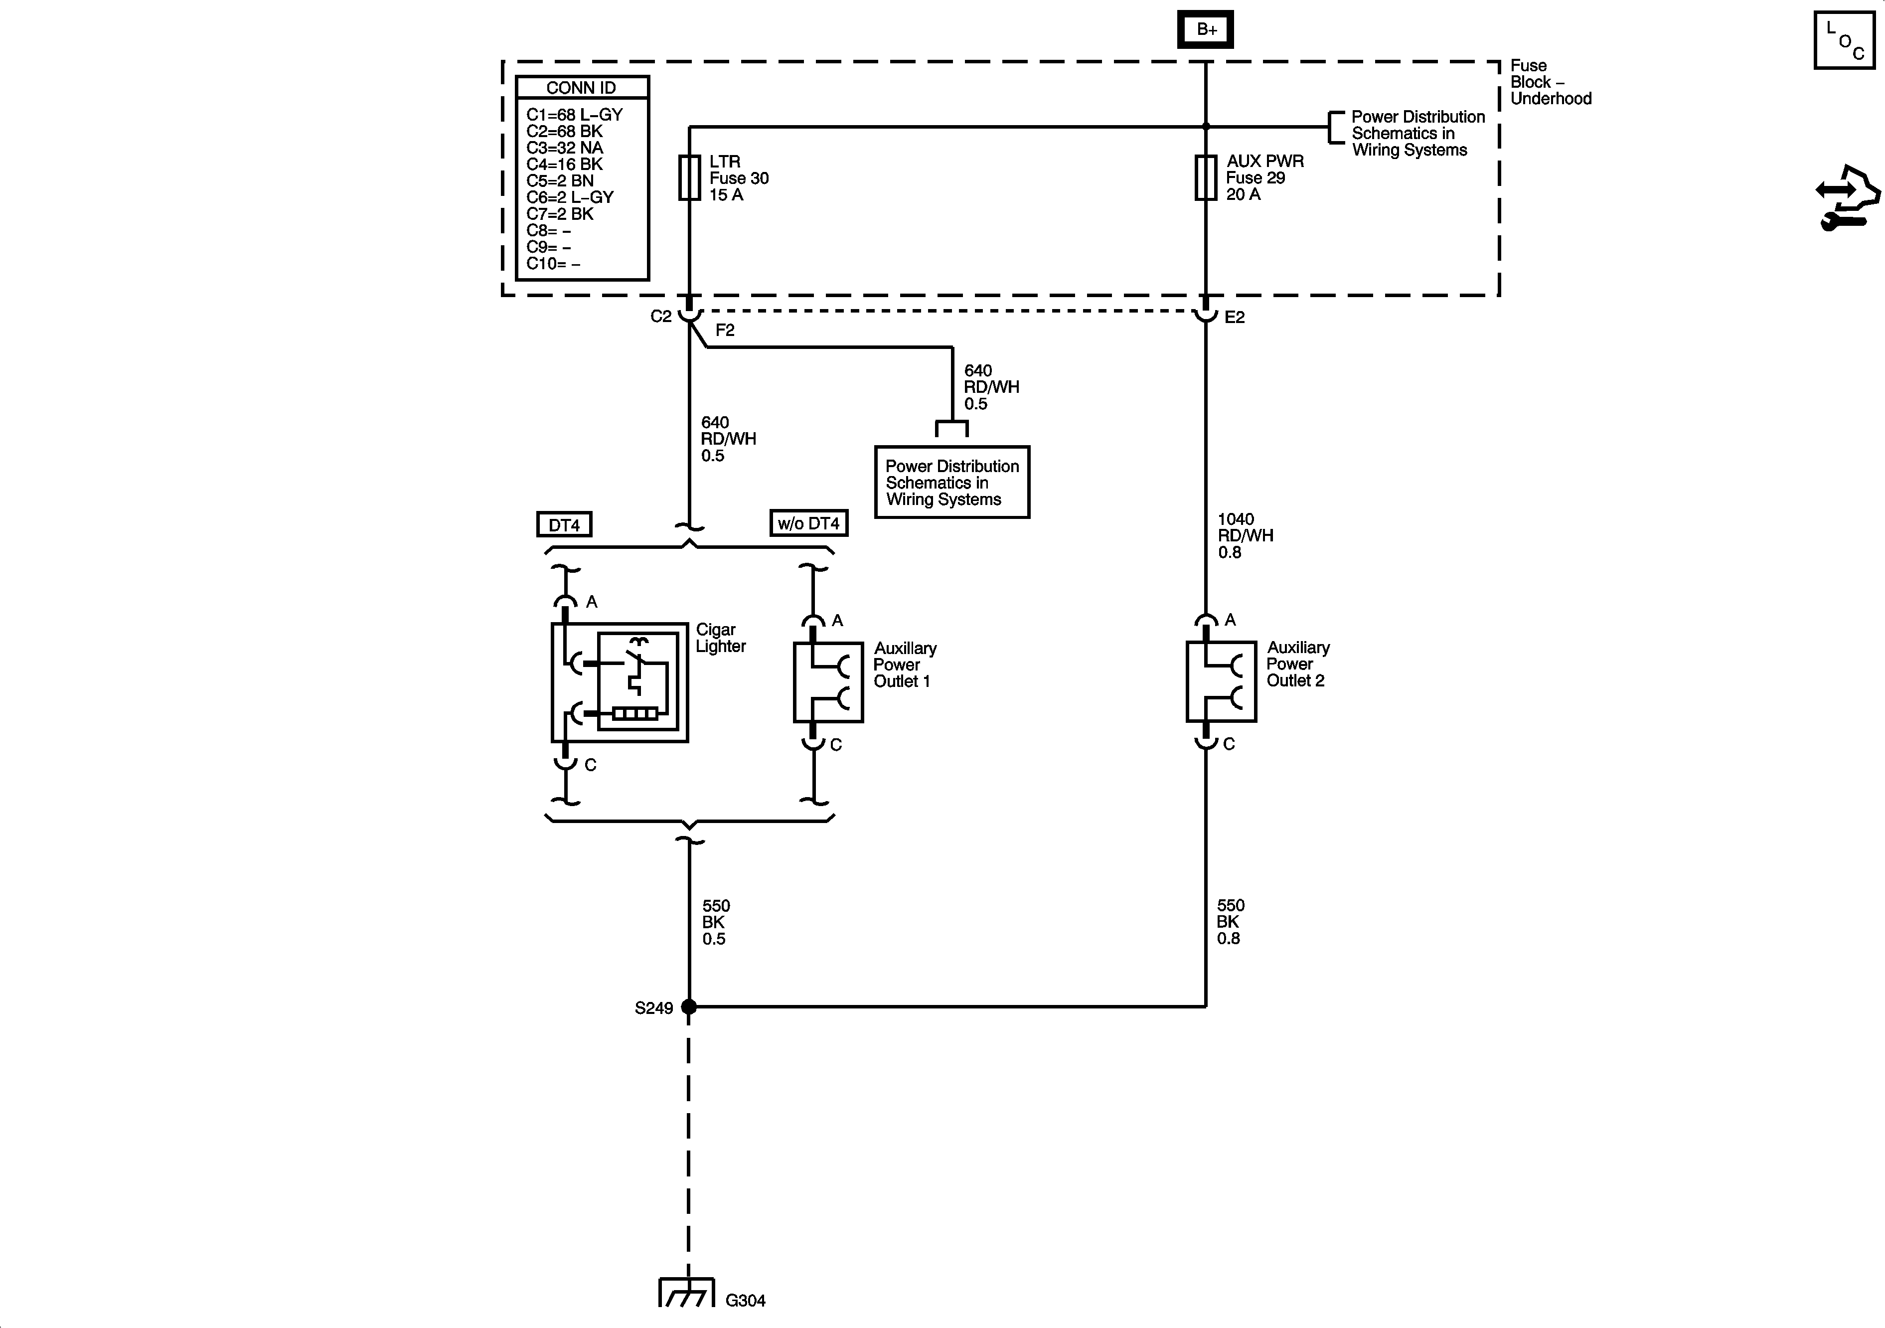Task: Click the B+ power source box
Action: tap(1205, 29)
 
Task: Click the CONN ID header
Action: tap(581, 88)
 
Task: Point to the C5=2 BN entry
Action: tap(560, 180)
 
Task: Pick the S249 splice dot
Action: tap(689, 1006)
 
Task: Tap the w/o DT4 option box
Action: tap(809, 523)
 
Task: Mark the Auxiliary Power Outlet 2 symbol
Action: tap(1221, 681)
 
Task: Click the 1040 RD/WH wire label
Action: tap(1245, 535)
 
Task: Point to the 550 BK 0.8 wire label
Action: tap(1230, 921)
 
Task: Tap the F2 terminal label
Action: tap(725, 330)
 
